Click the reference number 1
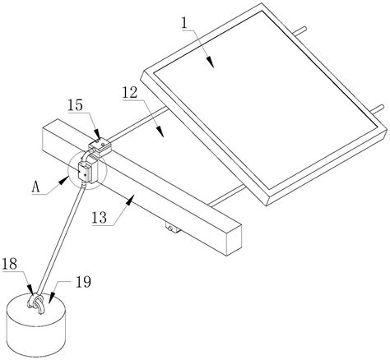(184, 24)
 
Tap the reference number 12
(130, 93)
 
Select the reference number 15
(75, 105)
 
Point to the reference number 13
(99, 218)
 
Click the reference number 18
(10, 264)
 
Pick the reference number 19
(83, 282)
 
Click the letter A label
(36, 187)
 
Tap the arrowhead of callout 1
(210, 62)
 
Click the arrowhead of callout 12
(160, 132)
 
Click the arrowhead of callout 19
(53, 298)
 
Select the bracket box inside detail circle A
(88, 173)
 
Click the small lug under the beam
(173, 228)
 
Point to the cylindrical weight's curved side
(36, 335)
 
